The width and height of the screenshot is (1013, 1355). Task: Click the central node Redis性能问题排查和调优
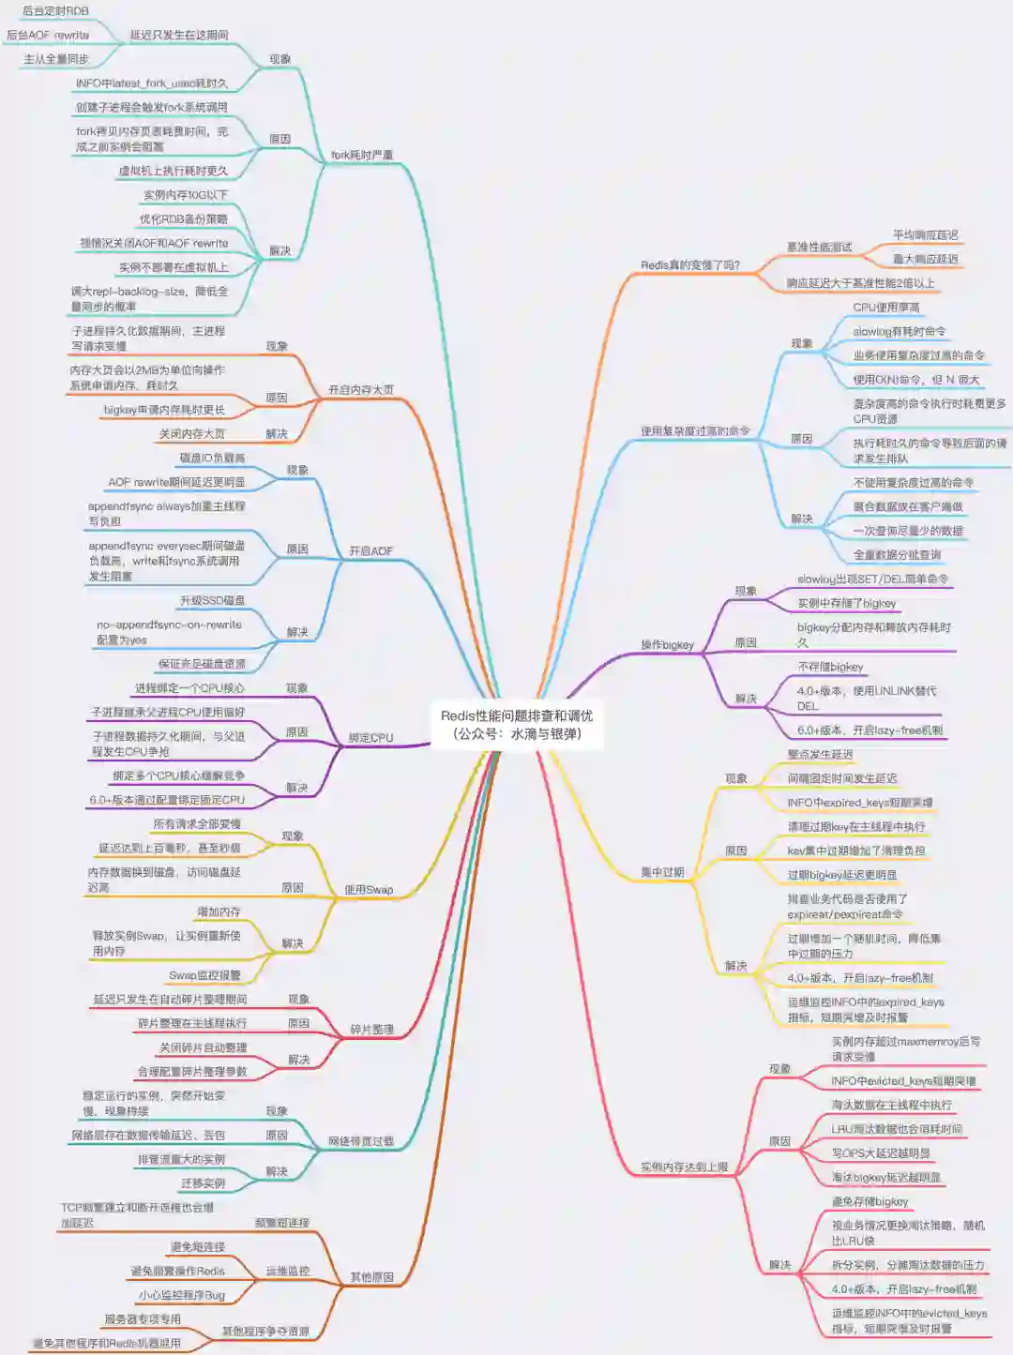tap(516, 724)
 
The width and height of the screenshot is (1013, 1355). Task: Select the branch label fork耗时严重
tap(362, 155)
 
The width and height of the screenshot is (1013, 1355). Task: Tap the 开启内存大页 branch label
tap(361, 389)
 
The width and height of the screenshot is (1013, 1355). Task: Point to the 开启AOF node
tap(370, 550)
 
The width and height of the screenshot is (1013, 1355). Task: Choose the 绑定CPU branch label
tap(370, 738)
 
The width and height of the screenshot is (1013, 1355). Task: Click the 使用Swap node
tap(369, 889)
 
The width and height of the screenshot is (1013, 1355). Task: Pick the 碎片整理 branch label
tap(371, 1029)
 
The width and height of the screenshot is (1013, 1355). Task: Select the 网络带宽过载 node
tap(360, 1141)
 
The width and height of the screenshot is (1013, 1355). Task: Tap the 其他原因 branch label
tap(371, 1276)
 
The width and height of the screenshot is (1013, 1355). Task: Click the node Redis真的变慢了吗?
tap(690, 265)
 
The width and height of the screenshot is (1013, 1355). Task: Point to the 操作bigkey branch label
tap(667, 644)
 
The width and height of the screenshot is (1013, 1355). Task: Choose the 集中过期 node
tap(662, 872)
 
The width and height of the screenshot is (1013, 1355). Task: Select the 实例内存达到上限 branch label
tap(684, 1167)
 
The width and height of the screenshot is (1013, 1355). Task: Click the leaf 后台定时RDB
tap(55, 11)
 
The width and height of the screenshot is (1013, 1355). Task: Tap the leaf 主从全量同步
tap(55, 59)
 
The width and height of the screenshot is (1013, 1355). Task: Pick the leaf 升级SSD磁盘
tap(213, 600)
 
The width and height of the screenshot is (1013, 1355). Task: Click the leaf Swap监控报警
tap(204, 975)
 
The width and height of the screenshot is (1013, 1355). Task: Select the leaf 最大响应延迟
tap(925, 259)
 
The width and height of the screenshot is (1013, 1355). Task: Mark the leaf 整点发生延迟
tap(820, 754)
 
